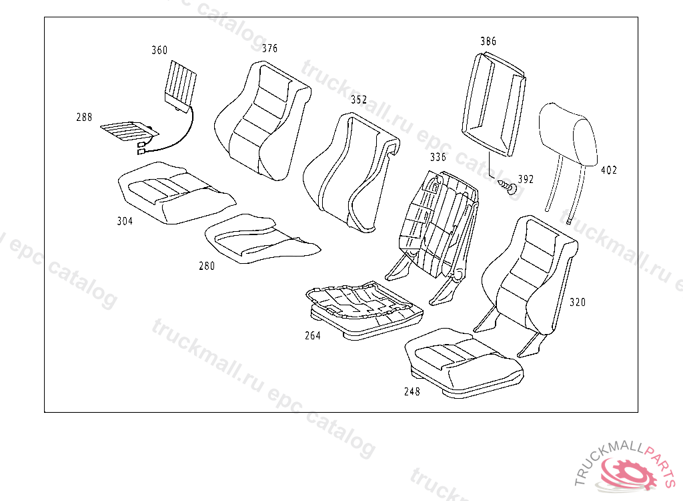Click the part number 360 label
point(159,51)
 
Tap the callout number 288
point(84,118)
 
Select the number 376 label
point(269,49)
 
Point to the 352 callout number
point(359,100)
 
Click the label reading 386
point(488,41)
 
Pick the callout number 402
point(609,170)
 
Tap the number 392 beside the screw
point(526,180)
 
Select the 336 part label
point(438,158)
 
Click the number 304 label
point(124,221)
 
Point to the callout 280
point(207,266)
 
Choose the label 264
point(312,336)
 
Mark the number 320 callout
point(578,303)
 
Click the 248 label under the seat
point(412,392)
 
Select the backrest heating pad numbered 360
point(181,84)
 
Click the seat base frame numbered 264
point(360,307)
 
